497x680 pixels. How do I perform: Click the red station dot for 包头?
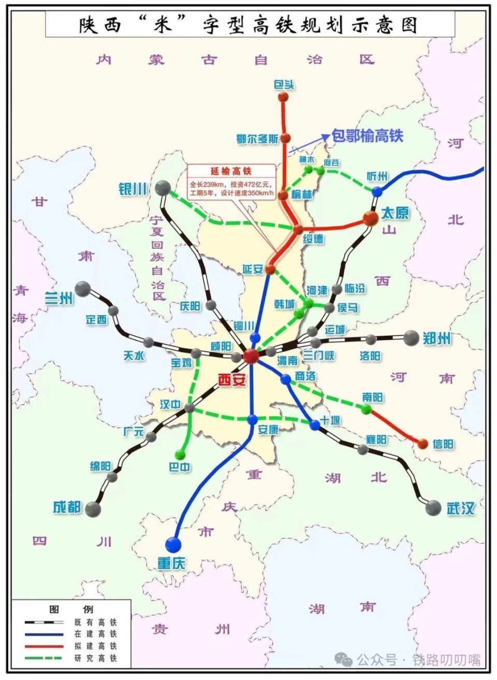point(283,97)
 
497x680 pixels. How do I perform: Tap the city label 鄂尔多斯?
point(257,139)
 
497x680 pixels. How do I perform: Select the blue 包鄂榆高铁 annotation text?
point(367,136)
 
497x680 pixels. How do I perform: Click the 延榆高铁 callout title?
point(230,171)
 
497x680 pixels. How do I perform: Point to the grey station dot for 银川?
point(163,188)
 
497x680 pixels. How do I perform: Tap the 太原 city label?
point(395,213)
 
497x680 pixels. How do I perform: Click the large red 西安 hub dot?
point(251,356)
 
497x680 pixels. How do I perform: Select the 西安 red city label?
point(231,380)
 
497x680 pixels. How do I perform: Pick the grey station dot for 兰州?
point(82,289)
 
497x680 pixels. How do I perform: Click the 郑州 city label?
point(436,339)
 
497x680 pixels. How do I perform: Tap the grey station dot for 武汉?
point(433,508)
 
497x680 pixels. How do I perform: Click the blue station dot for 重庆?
point(173,544)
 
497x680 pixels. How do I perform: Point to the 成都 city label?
point(67,507)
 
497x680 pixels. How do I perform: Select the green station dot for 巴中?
point(180,455)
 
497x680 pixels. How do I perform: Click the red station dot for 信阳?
point(422,444)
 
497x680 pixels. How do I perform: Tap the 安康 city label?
point(268,429)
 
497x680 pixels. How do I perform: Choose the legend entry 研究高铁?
point(96,658)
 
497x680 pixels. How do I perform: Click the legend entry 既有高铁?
point(96,622)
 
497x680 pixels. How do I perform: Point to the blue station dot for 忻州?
point(377,191)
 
